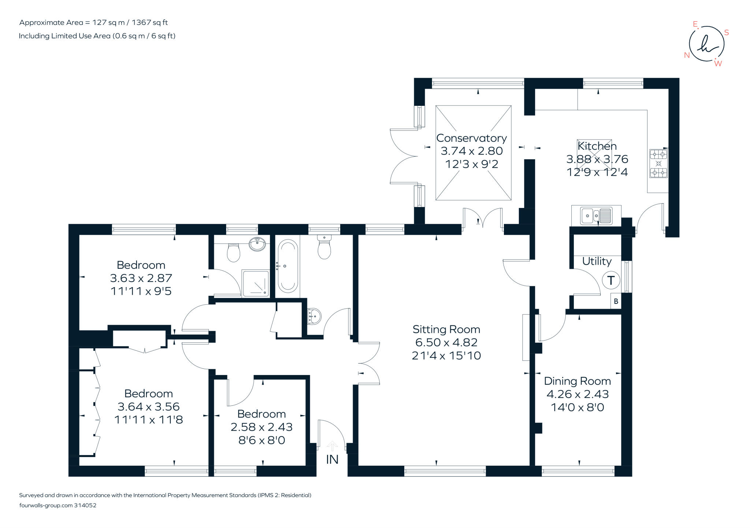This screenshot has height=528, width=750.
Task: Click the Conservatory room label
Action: tap(471, 138)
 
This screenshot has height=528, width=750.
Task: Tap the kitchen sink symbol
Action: tap(596, 215)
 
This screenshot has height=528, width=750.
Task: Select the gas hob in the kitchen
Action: tap(658, 163)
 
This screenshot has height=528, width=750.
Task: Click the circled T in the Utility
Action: tap(611, 280)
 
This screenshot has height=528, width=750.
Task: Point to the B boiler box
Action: tap(616, 301)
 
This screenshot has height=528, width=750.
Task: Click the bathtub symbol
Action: tap(287, 266)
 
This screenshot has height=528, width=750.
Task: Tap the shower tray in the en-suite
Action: tap(255, 283)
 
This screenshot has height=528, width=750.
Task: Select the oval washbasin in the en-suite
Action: tap(257, 244)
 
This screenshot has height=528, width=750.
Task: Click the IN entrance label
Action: tap(332, 460)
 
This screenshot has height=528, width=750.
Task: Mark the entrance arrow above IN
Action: tap(332, 446)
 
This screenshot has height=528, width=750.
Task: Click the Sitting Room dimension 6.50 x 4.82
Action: tap(446, 342)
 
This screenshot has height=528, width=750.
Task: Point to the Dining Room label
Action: tap(577, 381)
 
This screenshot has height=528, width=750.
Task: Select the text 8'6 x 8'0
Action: tap(261, 440)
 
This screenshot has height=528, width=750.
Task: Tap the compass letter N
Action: tap(687, 55)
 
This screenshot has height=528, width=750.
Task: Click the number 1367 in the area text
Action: tap(141, 22)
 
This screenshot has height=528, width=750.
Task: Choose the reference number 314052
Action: tap(85, 505)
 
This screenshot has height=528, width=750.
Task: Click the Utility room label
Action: tap(597, 261)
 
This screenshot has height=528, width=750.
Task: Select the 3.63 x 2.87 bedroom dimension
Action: tap(141, 278)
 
